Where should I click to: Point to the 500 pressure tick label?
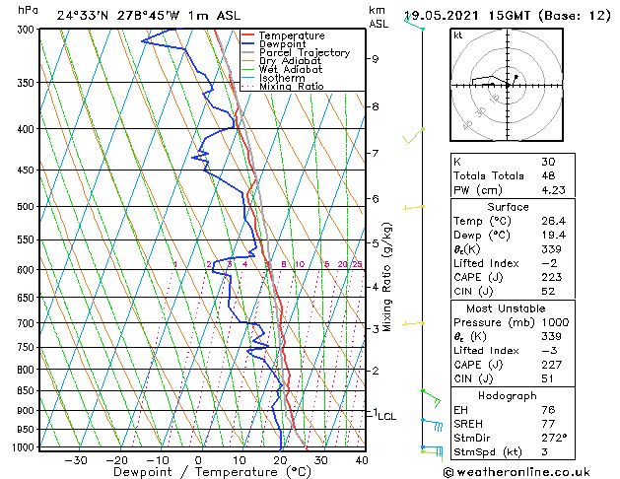(27, 207)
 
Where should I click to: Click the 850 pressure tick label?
(27, 391)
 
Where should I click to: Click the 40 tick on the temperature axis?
(362, 460)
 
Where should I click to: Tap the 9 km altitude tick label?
(376, 59)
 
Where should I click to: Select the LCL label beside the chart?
(386, 417)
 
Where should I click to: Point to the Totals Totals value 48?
(548, 175)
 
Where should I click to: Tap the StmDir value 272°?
(554, 438)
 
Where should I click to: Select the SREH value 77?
(548, 423)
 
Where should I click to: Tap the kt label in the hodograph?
(458, 34)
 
